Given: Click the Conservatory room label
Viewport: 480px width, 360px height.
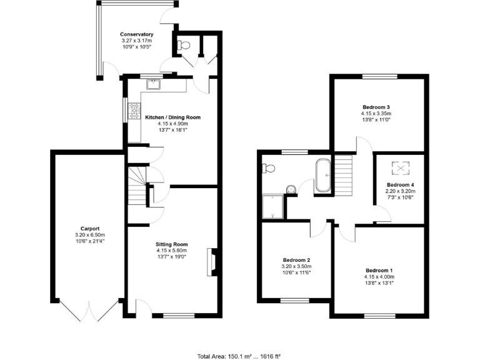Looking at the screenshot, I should pos(137,34).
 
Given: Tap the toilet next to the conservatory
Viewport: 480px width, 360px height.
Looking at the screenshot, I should pos(184,45).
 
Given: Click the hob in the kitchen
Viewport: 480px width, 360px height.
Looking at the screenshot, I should pos(134,111).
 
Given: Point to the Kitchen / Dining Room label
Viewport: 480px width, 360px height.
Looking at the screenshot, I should pos(172,117).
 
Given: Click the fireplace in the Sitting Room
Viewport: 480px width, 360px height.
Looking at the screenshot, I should pos(213,261).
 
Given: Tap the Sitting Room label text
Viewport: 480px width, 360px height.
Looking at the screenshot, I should pos(171,244).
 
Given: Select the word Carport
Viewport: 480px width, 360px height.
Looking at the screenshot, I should pos(90,229).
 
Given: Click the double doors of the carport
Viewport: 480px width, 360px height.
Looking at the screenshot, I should pos(89,311).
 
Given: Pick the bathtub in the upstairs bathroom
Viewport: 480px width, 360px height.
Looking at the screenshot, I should pos(324,176).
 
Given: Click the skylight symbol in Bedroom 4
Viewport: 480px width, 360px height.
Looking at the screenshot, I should pos(399,168).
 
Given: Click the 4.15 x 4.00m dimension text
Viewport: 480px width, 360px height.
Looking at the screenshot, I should pos(379,277).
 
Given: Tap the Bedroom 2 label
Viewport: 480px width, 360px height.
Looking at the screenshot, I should pos(296,260).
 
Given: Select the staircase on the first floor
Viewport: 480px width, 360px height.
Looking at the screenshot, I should pos(344,175).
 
